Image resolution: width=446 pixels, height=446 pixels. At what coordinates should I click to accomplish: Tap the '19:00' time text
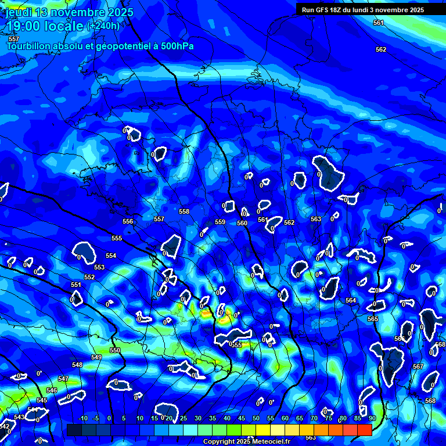tap(21, 26)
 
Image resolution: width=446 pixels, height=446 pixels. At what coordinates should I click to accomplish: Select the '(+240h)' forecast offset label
tap(103, 26)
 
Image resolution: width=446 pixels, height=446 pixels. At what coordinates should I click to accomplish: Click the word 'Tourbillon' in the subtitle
tap(29, 46)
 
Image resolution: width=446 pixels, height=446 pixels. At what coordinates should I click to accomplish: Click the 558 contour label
tap(184, 212)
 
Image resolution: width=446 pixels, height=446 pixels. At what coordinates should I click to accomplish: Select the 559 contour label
tap(220, 222)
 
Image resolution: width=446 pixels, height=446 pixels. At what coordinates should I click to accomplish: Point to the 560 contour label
tap(242, 223)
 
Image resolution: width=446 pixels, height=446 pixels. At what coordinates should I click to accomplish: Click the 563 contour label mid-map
tap(315, 219)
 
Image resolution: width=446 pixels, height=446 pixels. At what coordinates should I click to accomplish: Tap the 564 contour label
tap(351, 300)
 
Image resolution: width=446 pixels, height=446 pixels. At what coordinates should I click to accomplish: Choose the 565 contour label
tap(373, 319)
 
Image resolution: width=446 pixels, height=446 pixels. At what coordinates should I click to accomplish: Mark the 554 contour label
tap(111, 256)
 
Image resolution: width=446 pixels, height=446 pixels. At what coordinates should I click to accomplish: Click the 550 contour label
tap(115, 350)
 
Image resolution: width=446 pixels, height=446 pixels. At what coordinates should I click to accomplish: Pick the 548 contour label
tap(77, 365)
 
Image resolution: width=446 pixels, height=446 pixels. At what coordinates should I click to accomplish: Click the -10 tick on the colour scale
tap(83, 418)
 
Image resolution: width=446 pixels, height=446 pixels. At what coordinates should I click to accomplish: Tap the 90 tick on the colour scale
tap(372, 418)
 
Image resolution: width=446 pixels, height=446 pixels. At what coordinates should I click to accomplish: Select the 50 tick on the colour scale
tap(256, 418)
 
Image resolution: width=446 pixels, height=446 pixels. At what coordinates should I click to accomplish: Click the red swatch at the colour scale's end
tap(365, 430)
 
